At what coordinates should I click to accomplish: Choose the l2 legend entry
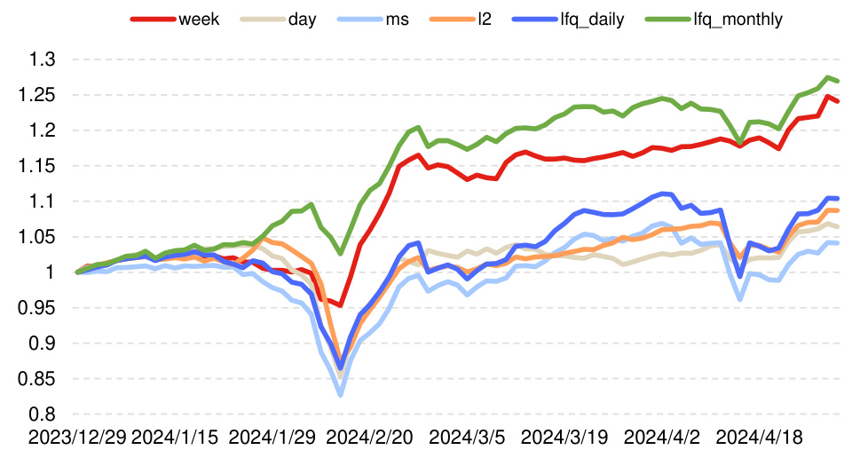pyautogui.click(x=480, y=17)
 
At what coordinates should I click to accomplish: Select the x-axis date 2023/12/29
pyautogui.click(x=77, y=437)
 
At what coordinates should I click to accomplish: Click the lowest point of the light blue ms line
pyautogui.click(x=340, y=395)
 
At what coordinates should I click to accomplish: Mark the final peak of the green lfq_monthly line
pyautogui.click(x=828, y=77)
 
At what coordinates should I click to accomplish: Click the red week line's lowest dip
pyautogui.click(x=340, y=305)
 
